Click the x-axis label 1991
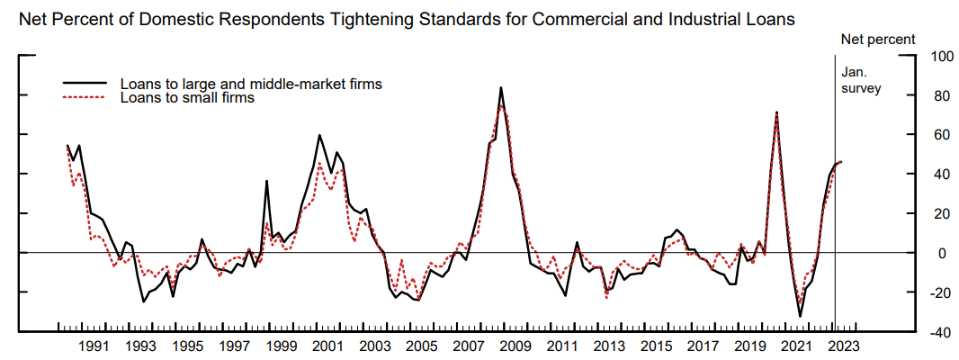94,346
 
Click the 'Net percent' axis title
877,39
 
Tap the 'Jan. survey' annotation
859,80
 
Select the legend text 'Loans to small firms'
186,98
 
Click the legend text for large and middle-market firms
251,84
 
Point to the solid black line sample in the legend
84,84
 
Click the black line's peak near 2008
501,87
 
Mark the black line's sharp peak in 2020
776,112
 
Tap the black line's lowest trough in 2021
800,316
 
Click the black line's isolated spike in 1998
266,181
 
